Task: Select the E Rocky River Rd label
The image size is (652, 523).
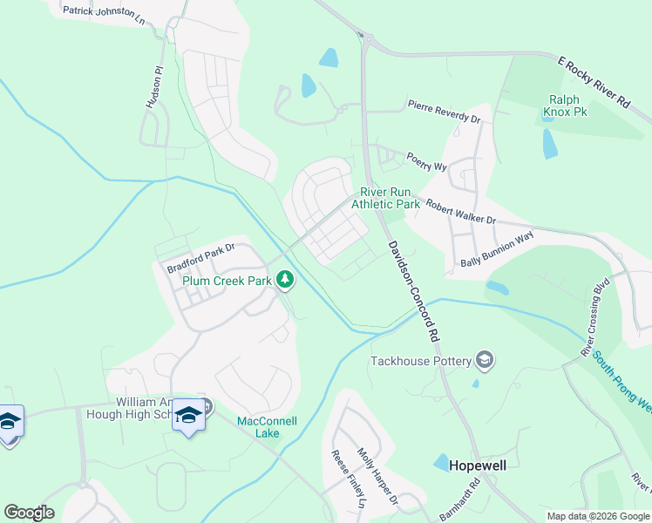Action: (x=594, y=81)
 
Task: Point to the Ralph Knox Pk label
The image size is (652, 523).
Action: (x=565, y=106)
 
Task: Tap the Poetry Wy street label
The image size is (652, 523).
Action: (x=427, y=161)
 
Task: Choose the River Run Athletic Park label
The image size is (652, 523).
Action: (x=385, y=198)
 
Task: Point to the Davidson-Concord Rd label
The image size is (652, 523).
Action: (x=411, y=290)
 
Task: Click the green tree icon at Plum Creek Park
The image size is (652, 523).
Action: (x=284, y=280)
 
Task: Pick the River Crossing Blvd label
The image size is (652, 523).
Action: (x=595, y=317)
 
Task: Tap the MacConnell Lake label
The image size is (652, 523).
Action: (x=268, y=427)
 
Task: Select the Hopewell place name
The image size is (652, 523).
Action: (x=477, y=465)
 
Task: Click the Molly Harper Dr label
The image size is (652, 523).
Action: (x=377, y=475)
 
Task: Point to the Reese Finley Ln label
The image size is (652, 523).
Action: (x=348, y=479)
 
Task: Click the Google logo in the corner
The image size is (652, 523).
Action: (x=29, y=513)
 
